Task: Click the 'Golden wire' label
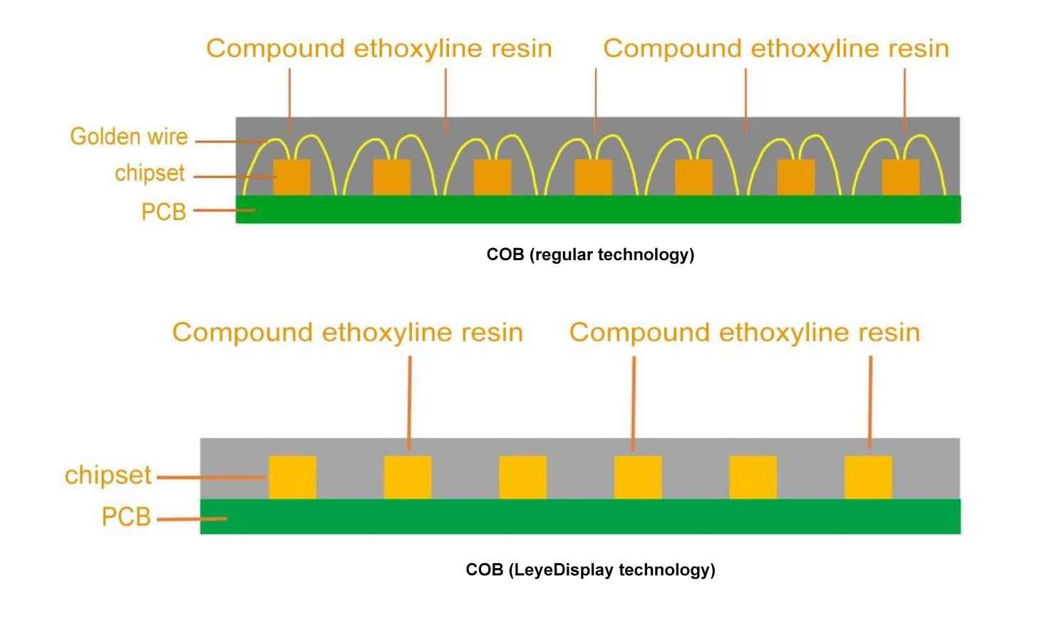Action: [x=129, y=136]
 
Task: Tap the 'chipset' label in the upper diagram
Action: [x=150, y=173]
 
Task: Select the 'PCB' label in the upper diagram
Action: [x=163, y=212]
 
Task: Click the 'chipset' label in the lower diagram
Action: [x=108, y=475]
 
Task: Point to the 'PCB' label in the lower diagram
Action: [x=126, y=517]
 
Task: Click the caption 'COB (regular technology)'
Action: [x=590, y=254]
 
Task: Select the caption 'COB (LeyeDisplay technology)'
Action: [x=590, y=570]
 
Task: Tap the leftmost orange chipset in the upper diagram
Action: [x=292, y=177]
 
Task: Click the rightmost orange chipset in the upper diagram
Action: [x=900, y=177]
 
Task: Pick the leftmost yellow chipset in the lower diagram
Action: [x=292, y=477]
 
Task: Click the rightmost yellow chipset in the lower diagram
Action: [x=868, y=477]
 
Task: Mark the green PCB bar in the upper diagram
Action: [x=599, y=210]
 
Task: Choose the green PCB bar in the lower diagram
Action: [x=580, y=516]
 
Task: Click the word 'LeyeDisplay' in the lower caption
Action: [x=562, y=570]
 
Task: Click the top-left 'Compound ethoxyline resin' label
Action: [x=379, y=48]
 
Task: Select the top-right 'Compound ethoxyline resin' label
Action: [x=776, y=48]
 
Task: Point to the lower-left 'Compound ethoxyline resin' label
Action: [x=348, y=332]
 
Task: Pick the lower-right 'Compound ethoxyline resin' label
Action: [x=745, y=332]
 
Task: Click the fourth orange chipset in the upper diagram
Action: [x=593, y=177]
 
